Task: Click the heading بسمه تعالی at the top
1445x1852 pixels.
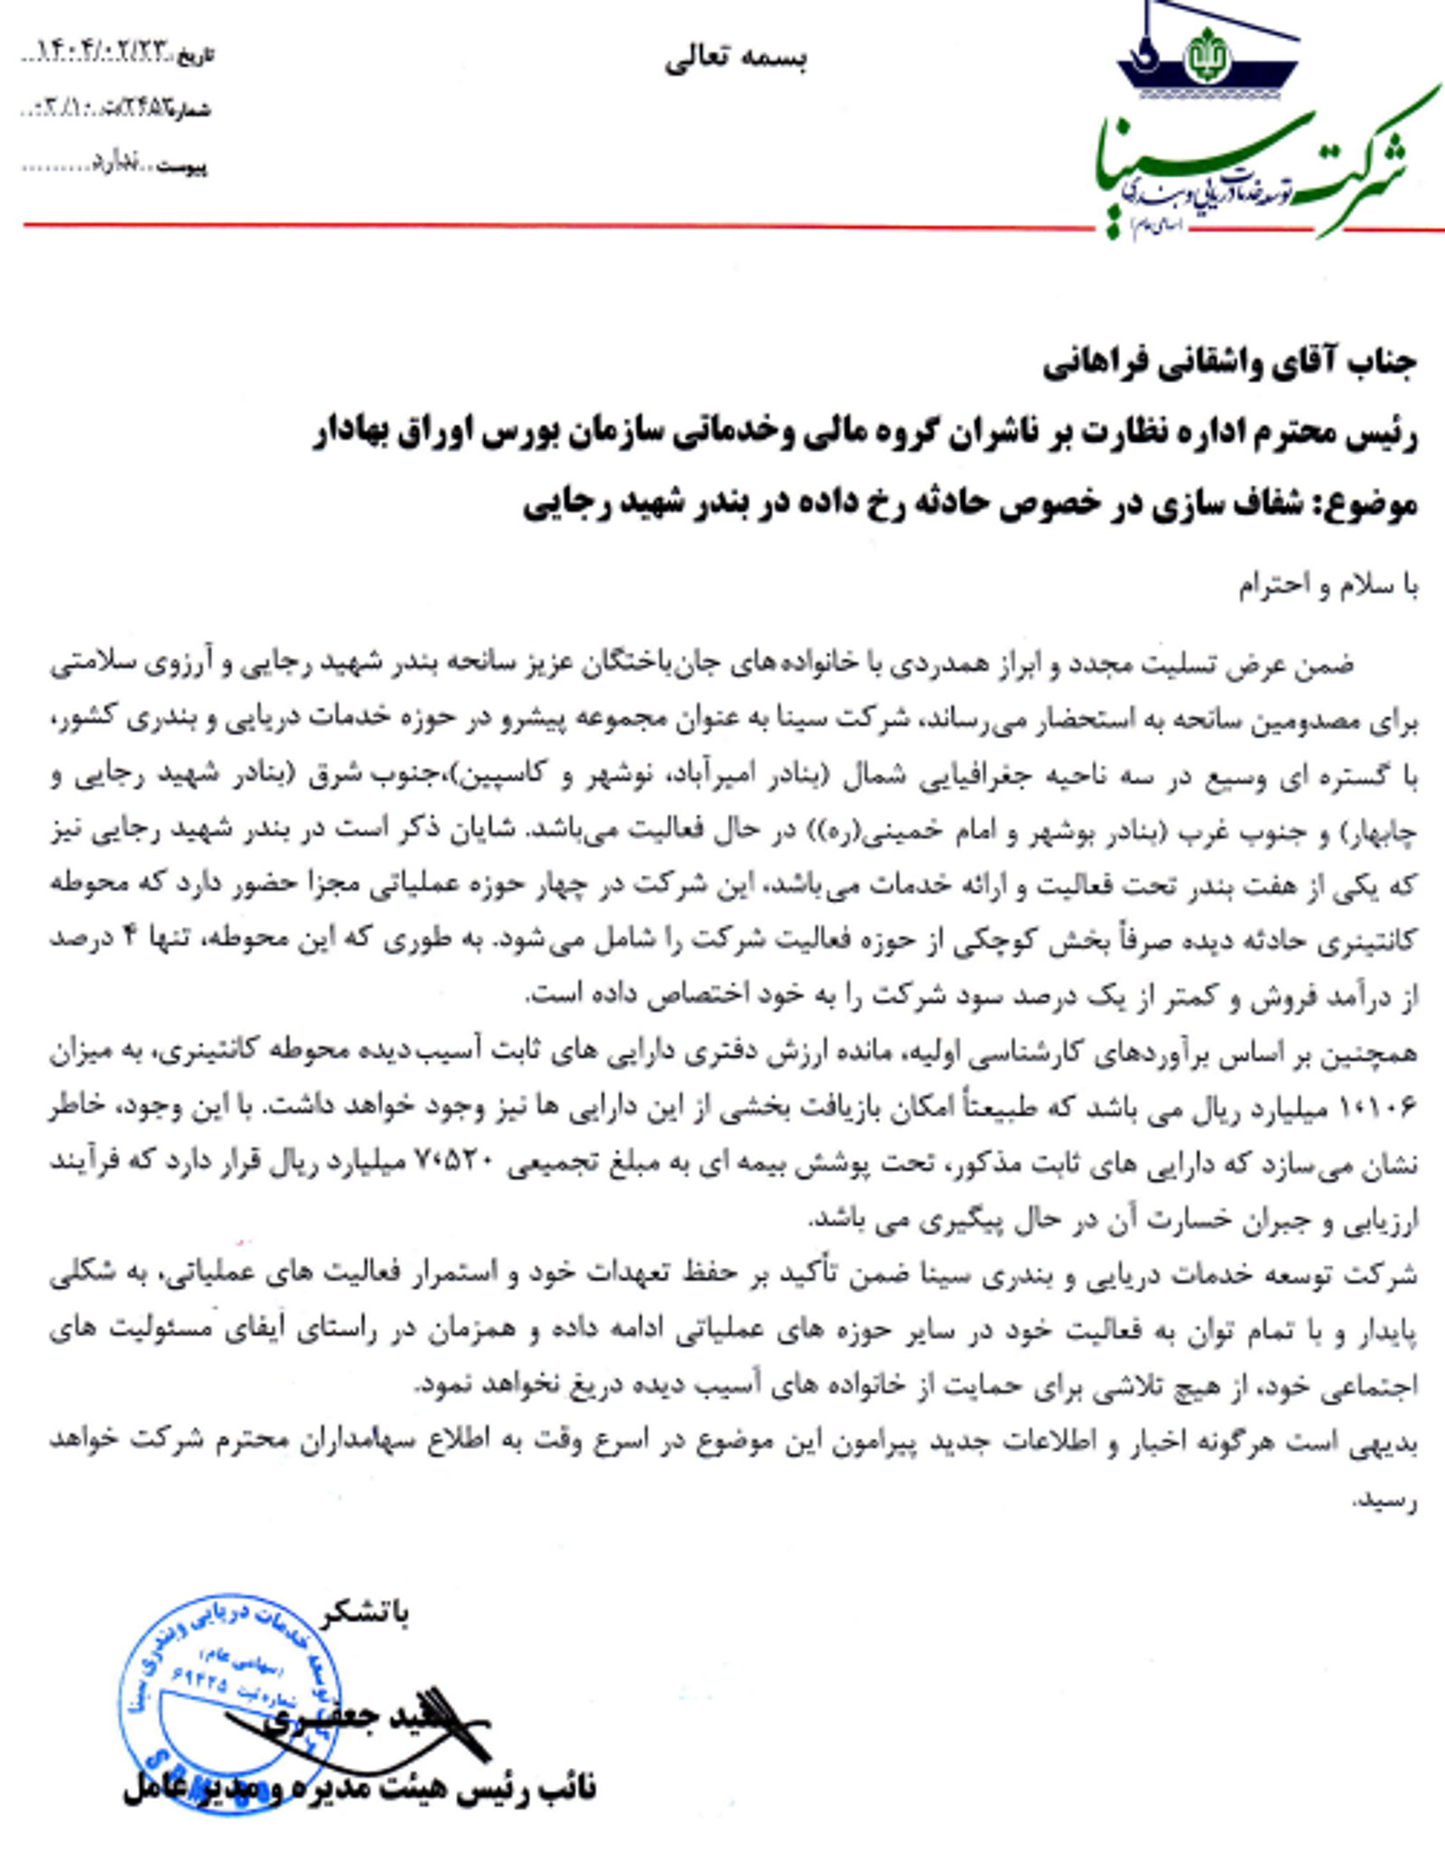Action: [735, 60]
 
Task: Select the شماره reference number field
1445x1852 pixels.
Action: [117, 110]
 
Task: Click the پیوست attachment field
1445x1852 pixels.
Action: [117, 166]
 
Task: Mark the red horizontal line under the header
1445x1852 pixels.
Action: [542, 225]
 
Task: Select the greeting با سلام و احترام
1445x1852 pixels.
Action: [1328, 587]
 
